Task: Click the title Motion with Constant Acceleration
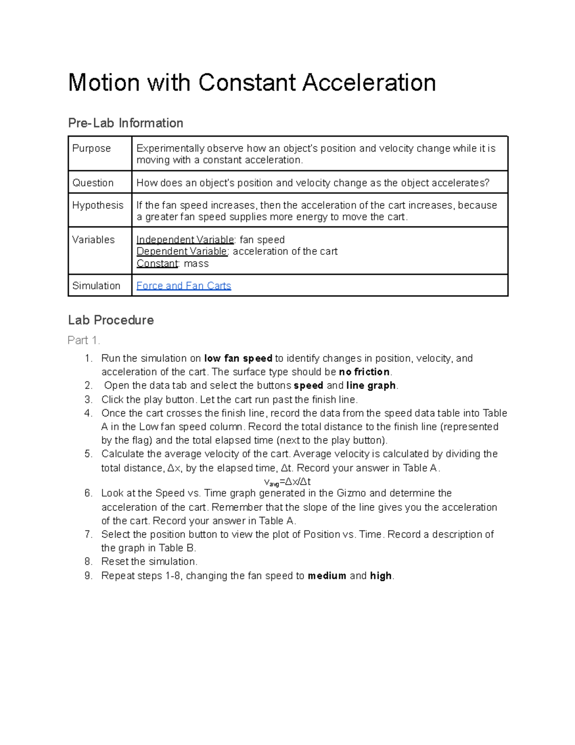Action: pyautogui.click(x=252, y=83)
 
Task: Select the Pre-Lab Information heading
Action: pyautogui.click(x=126, y=123)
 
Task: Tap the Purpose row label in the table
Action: pyautogui.click(x=92, y=149)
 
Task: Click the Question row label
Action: pyautogui.click(x=93, y=183)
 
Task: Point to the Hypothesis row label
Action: pyautogui.click(x=98, y=205)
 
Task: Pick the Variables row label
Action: pyautogui.click(x=93, y=240)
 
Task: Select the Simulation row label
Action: pyautogui.click(x=96, y=286)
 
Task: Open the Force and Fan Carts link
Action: pyautogui.click(x=184, y=286)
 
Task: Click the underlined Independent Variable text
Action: pyautogui.click(x=185, y=240)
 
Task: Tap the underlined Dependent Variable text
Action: pyautogui.click(x=182, y=251)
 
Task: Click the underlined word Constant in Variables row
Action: pyautogui.click(x=157, y=263)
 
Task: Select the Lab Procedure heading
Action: pyautogui.click(x=111, y=320)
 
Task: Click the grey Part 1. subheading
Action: pyautogui.click(x=84, y=341)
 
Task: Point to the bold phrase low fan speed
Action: pyautogui.click(x=238, y=358)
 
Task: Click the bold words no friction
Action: pyautogui.click(x=365, y=372)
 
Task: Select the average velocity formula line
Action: pyautogui.click(x=287, y=482)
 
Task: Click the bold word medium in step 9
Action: pyautogui.click(x=327, y=576)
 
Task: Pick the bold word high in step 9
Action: pyautogui.click(x=381, y=576)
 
